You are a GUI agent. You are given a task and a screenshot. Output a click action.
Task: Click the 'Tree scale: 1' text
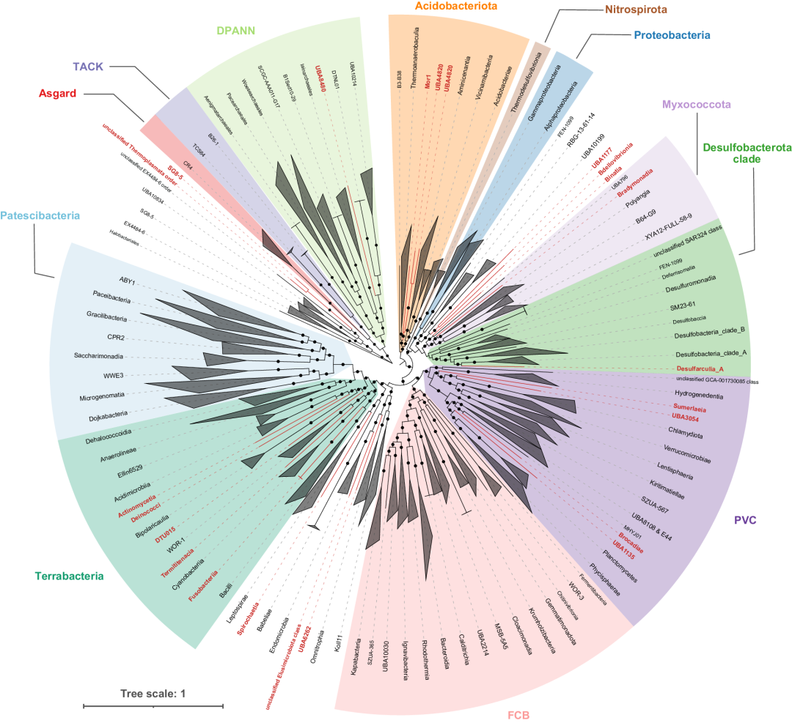[153, 693]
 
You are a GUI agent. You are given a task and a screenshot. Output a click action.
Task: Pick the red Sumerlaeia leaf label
[692, 406]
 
